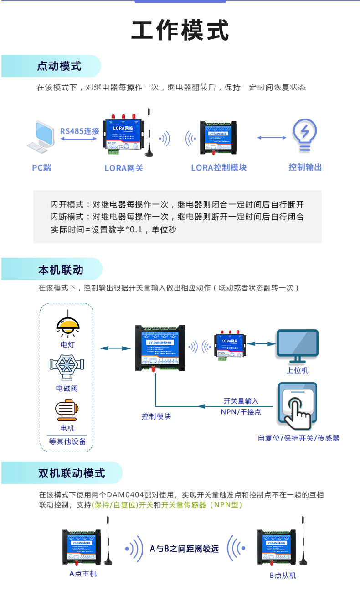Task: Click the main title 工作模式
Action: [180, 31]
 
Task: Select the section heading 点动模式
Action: [59, 66]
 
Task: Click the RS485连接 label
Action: [80, 131]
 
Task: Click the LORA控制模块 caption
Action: [219, 167]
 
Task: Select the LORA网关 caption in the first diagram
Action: [124, 168]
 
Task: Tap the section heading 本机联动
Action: [61, 270]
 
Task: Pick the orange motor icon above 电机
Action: [67, 409]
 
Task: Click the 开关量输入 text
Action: [241, 401]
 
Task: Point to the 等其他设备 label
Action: [67, 441]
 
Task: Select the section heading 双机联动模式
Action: [72, 473]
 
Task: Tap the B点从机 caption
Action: [283, 575]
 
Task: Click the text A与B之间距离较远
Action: [184, 549]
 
